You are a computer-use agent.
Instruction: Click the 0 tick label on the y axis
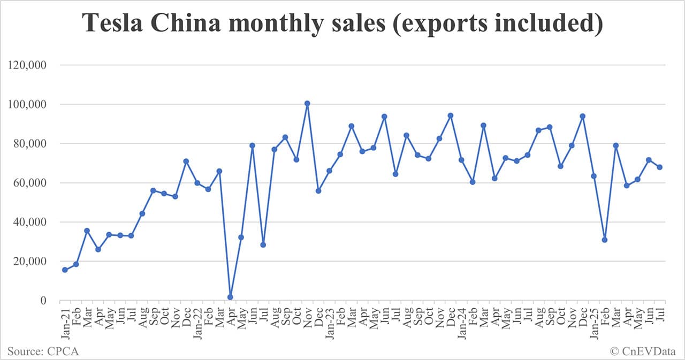45,301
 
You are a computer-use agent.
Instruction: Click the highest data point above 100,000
307,103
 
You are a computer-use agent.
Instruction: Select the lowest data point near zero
230,297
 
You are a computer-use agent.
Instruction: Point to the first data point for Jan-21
65,270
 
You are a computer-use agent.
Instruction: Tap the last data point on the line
660,167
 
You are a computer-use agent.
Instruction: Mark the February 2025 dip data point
605,240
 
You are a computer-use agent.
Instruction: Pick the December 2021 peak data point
186,161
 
